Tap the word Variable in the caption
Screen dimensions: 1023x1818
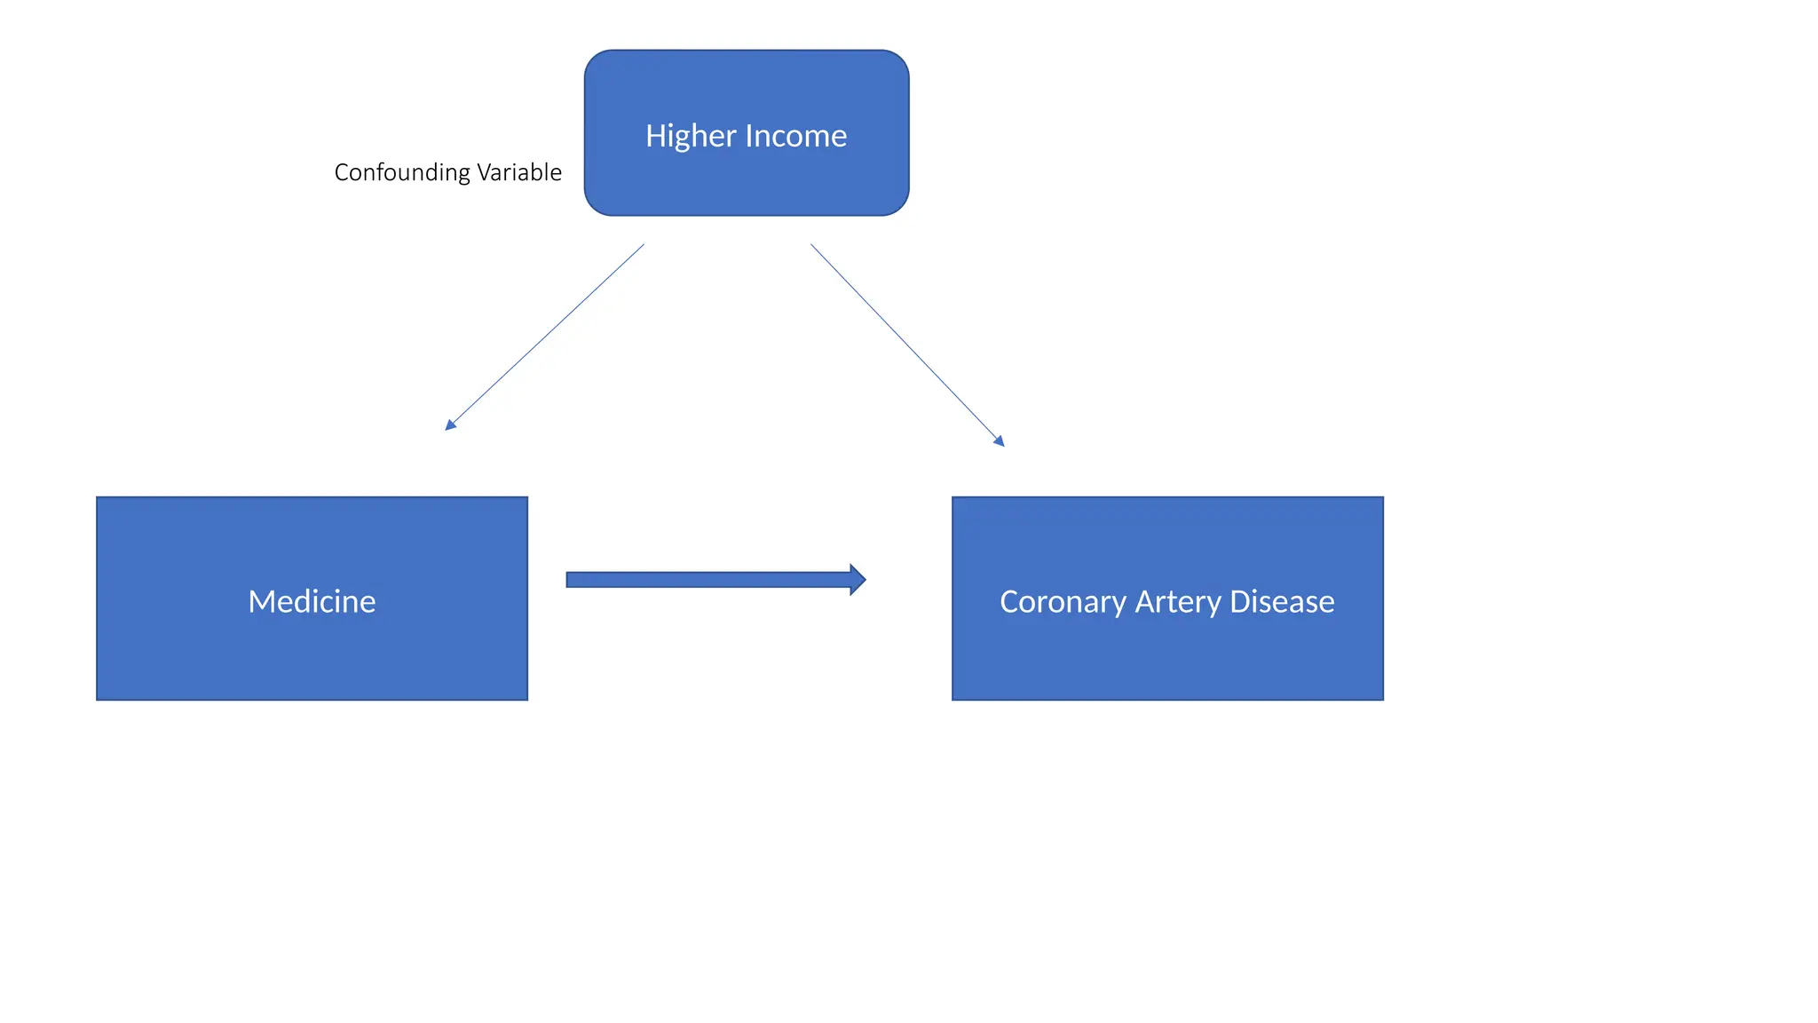point(519,172)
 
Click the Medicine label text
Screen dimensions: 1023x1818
point(312,601)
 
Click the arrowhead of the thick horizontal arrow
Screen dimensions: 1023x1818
point(857,580)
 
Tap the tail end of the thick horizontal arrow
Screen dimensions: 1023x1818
point(570,580)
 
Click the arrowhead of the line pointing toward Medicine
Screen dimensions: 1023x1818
point(449,426)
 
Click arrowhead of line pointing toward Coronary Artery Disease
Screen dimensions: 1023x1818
point(1000,441)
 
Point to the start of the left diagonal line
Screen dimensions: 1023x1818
point(644,245)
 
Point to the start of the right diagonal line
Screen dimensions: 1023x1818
point(811,245)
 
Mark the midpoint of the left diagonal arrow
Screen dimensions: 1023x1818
point(545,337)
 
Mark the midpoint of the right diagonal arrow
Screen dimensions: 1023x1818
point(907,345)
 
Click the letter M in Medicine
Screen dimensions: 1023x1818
point(261,601)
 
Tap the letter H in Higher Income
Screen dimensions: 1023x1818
point(655,136)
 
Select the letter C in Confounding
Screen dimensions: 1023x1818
point(342,172)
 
